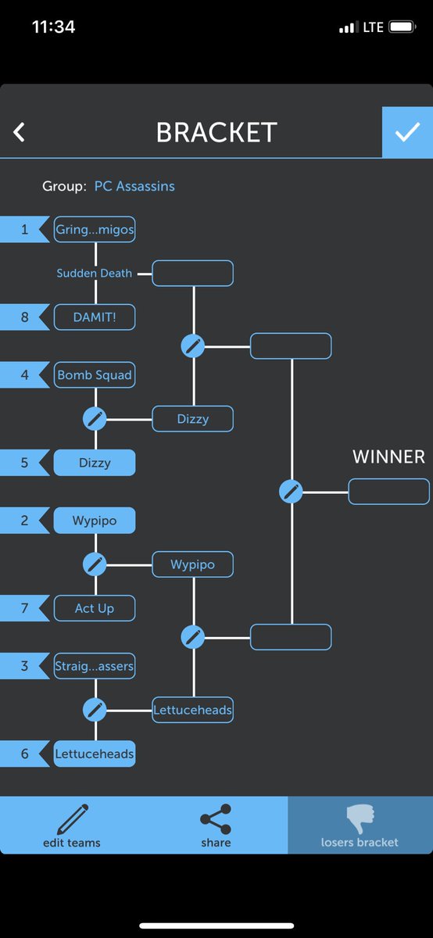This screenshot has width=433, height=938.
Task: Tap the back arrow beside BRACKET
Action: pos(19,132)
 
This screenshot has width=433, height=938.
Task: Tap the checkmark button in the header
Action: pos(407,132)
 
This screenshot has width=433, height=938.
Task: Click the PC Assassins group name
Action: pos(134,186)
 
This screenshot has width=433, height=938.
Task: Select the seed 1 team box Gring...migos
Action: pos(95,230)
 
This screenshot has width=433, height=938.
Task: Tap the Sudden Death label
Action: pos(95,273)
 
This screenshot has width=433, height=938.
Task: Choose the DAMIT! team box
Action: pos(95,317)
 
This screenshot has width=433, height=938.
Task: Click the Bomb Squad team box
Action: pos(95,374)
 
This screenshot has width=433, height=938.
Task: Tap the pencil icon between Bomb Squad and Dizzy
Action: pos(95,419)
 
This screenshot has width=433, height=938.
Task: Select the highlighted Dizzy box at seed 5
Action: pos(95,463)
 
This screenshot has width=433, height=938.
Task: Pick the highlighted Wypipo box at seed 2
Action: pos(95,521)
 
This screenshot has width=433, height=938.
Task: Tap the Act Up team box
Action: pos(95,608)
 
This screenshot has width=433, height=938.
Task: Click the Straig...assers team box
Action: pos(95,666)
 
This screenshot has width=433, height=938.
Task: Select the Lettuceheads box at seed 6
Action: pos(95,754)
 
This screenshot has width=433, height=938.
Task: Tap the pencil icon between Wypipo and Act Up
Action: pos(95,564)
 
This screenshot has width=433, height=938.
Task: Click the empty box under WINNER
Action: pos(389,492)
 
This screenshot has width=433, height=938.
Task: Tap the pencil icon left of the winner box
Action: pos(291,492)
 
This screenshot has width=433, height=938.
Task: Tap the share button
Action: pos(216,825)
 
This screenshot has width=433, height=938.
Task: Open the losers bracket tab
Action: pos(360,825)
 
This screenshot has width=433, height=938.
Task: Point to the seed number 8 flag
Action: pos(25,317)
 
